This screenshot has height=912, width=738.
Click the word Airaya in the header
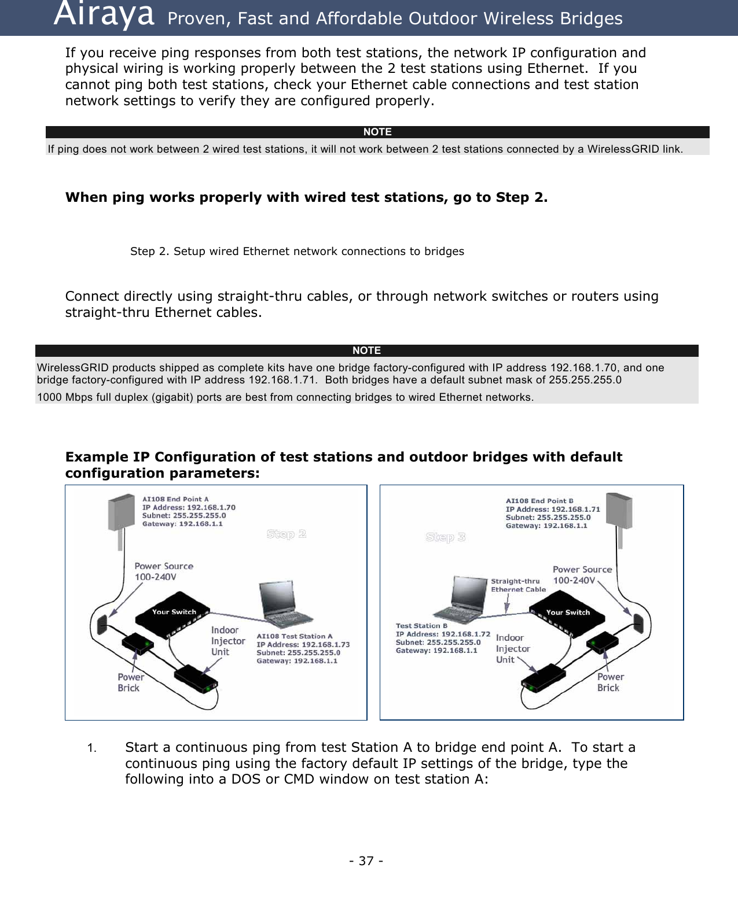[x=104, y=16]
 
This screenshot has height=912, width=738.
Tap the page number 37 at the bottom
[x=366, y=861]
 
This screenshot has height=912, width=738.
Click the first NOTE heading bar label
[x=377, y=132]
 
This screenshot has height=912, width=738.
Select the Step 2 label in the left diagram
[x=286, y=534]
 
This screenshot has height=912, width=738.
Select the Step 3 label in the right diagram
[x=445, y=537]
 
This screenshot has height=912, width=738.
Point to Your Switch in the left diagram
[x=174, y=612]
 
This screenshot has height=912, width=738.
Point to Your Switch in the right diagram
[x=567, y=612]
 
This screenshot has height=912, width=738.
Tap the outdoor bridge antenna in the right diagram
[x=619, y=511]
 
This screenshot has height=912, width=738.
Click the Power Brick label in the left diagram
[x=130, y=682]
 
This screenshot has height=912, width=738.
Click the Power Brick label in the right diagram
[x=610, y=682]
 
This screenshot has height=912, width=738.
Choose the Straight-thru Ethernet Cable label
[x=518, y=585]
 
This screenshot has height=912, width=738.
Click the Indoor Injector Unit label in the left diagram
[x=227, y=641]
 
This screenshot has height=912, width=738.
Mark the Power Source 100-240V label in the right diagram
[x=582, y=575]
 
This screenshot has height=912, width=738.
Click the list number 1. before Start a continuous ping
[x=91, y=748]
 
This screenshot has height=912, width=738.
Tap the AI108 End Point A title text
[x=175, y=499]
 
